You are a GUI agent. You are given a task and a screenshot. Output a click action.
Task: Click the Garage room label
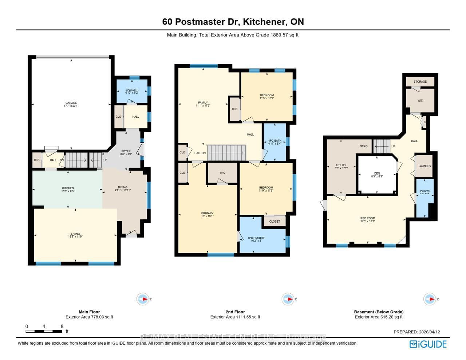(x=71, y=103)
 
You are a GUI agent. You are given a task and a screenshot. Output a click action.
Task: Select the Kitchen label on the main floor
(x=68, y=188)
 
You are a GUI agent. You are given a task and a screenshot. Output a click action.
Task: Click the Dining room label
(x=122, y=187)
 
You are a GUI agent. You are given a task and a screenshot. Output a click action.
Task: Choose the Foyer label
(x=126, y=151)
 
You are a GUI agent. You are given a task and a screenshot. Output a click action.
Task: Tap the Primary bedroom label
(x=207, y=213)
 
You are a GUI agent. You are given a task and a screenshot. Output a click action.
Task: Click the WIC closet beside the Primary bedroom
(x=222, y=173)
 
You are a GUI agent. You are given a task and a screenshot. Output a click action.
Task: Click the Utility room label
(x=341, y=165)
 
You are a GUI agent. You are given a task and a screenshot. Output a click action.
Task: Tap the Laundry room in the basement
(x=424, y=166)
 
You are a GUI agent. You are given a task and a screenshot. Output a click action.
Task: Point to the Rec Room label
(x=368, y=218)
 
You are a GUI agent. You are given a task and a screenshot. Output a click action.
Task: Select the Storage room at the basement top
(x=420, y=82)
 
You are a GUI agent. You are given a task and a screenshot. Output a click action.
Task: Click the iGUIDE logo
(x=428, y=344)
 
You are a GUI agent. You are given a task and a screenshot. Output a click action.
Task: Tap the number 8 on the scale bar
(x=62, y=326)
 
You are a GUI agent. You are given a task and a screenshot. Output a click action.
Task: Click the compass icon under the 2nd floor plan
(x=288, y=299)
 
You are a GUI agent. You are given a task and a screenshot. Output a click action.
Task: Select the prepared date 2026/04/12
(x=429, y=332)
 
